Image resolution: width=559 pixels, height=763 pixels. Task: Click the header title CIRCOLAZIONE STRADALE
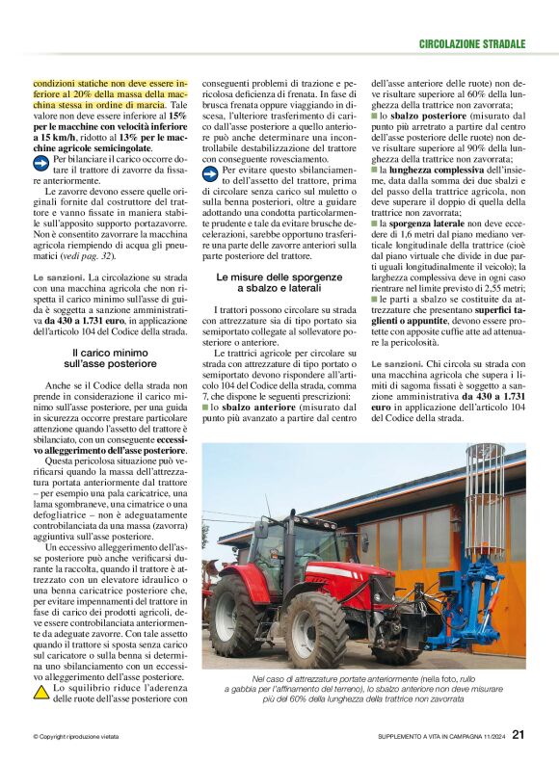(472, 44)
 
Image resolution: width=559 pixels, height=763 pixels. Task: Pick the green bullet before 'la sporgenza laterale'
(375, 224)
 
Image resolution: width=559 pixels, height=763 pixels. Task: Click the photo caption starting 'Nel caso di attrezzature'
(365, 687)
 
